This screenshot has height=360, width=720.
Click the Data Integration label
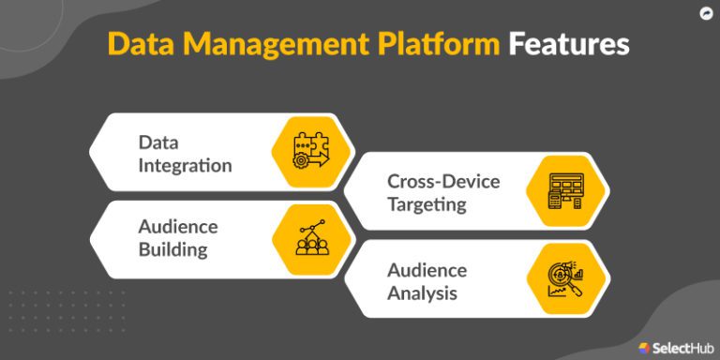[185, 154]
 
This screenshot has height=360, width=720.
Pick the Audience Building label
[177, 238]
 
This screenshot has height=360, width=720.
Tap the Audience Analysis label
[427, 281]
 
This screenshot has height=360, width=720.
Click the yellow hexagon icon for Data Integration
[311, 152]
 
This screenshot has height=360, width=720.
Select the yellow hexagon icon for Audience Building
[311, 237]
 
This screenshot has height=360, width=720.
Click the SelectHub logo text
[682, 347]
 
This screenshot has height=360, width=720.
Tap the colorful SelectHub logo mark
[645, 347]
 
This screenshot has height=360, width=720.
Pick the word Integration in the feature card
[185, 165]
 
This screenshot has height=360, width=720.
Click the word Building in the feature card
[173, 249]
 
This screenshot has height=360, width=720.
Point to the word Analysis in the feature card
[423, 292]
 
